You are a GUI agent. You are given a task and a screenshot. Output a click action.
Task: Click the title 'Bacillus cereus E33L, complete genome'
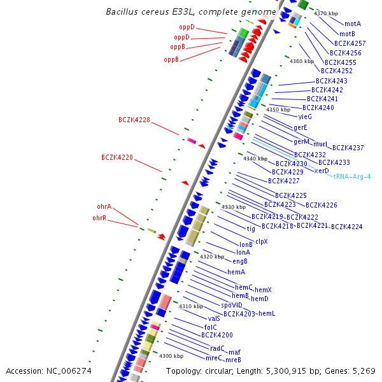(x=190, y=11)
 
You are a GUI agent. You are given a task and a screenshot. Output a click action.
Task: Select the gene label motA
(x=353, y=24)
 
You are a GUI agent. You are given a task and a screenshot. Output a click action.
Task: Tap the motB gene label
(x=347, y=34)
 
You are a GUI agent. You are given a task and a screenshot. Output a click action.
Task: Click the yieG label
(x=305, y=117)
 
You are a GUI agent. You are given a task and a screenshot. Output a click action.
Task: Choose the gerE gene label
(x=301, y=127)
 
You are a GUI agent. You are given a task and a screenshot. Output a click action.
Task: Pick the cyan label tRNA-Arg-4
(x=351, y=176)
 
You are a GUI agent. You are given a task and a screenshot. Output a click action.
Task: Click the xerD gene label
(x=322, y=171)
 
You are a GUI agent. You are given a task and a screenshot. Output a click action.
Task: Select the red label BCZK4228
(x=134, y=120)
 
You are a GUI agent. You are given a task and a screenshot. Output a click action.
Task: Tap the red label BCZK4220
(x=117, y=157)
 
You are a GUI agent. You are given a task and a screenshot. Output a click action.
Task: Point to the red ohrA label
(x=104, y=206)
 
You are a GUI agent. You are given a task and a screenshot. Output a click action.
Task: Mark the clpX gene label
(x=262, y=241)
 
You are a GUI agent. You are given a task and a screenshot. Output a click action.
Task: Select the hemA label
(x=236, y=272)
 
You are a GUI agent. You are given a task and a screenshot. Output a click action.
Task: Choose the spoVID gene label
(x=232, y=304)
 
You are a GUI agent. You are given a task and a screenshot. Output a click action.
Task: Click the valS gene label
(x=214, y=318)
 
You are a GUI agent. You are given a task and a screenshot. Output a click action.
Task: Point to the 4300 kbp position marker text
(x=171, y=356)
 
